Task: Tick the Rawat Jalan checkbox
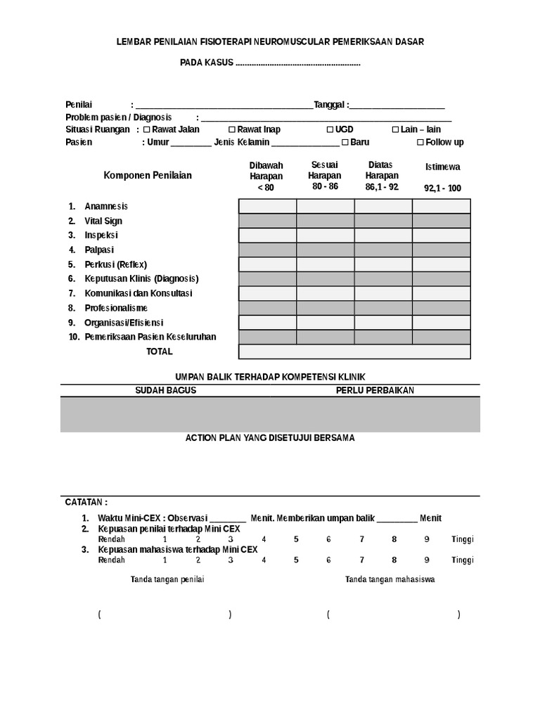click(x=147, y=129)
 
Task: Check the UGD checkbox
click(x=330, y=129)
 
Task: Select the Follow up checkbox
click(x=420, y=142)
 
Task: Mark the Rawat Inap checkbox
click(x=232, y=129)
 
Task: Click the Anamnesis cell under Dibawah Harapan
click(x=267, y=206)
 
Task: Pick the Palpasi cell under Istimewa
click(x=441, y=250)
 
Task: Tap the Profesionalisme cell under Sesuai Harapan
click(x=325, y=308)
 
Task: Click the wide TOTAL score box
click(x=354, y=352)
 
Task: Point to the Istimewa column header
click(x=442, y=167)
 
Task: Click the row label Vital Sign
click(x=103, y=221)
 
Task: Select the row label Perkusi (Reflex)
click(x=116, y=264)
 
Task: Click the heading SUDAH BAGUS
click(x=165, y=390)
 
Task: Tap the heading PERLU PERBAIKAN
click(x=375, y=390)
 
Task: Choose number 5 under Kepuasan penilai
click(x=296, y=539)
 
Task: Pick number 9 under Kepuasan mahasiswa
click(x=427, y=560)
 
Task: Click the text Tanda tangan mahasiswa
click(x=390, y=579)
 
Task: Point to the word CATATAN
click(x=86, y=503)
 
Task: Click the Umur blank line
click(x=191, y=143)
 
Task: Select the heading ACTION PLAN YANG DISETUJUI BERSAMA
click(x=270, y=437)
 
